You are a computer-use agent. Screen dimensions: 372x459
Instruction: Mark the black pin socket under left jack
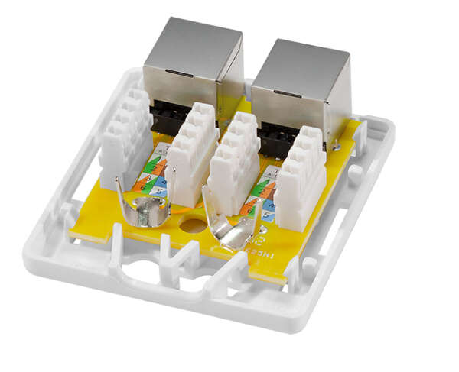click(165, 118)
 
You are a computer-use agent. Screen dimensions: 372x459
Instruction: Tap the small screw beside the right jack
click(337, 143)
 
